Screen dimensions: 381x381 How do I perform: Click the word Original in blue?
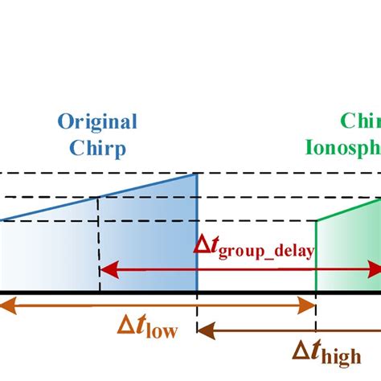(x=97, y=122)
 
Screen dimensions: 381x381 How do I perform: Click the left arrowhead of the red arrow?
(x=104, y=269)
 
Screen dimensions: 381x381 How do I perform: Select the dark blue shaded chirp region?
(x=149, y=241)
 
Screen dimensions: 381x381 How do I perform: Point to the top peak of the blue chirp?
(x=197, y=174)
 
